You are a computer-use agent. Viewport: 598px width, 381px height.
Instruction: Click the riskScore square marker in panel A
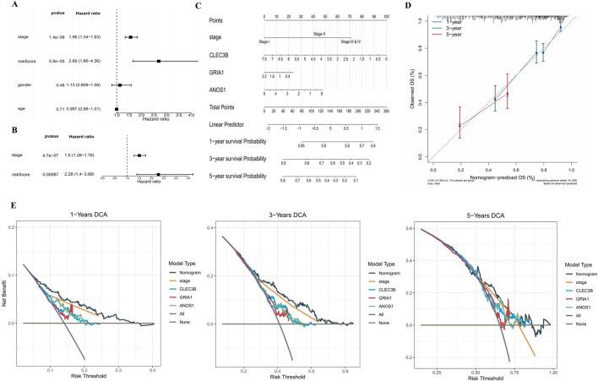(158, 61)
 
